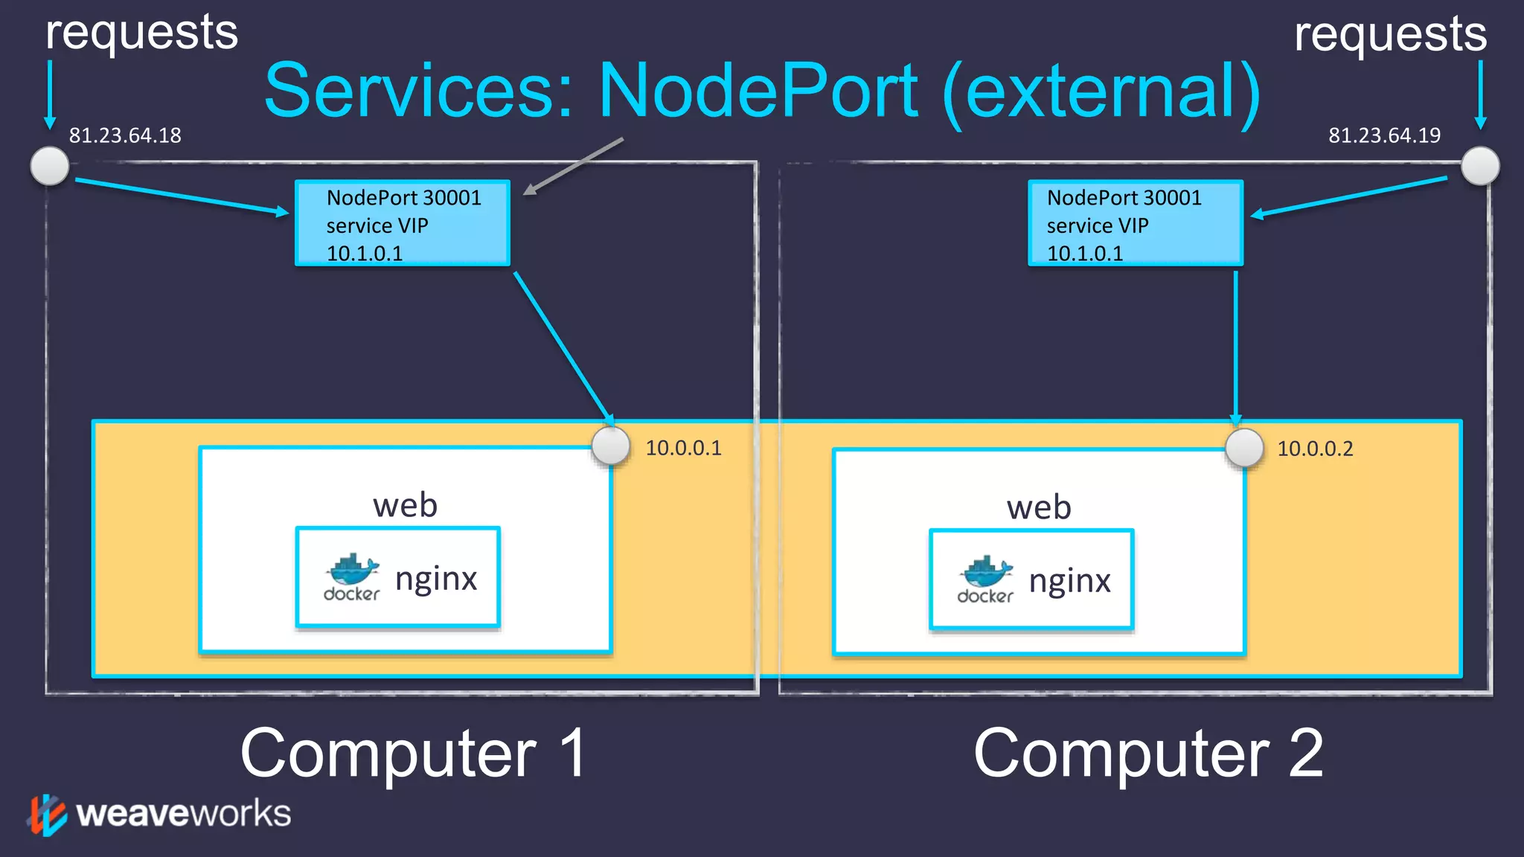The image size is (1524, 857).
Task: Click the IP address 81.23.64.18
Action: [x=125, y=135]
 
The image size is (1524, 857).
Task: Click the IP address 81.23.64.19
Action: [x=1384, y=135]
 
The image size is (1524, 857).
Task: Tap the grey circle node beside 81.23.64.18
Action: [x=50, y=165]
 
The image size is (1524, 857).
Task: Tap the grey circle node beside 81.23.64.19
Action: [x=1479, y=165]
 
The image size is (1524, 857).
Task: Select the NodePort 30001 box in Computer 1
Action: [x=403, y=223]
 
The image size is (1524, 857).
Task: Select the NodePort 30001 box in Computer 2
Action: [x=1135, y=223]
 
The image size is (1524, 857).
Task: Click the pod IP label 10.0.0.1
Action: [x=683, y=448]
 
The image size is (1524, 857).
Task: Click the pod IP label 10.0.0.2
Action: [x=1315, y=449]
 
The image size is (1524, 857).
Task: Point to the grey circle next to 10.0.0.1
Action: [x=611, y=446]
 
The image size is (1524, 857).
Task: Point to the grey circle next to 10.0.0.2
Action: [x=1244, y=448]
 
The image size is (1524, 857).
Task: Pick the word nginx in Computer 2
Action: [x=1069, y=581]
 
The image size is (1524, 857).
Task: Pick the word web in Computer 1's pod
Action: [x=405, y=505]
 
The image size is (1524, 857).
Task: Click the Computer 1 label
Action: [x=413, y=754]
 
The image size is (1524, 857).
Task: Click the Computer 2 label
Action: [x=1148, y=754]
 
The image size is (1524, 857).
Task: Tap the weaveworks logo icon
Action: [x=47, y=815]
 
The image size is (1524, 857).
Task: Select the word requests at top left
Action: [x=141, y=33]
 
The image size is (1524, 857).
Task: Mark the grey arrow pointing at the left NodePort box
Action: [x=573, y=166]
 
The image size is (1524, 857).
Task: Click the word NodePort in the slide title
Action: [x=759, y=91]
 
